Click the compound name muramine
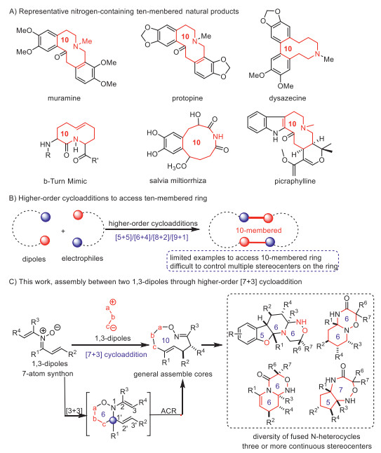[x=64, y=98]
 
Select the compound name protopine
[x=187, y=98]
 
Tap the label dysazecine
[x=288, y=98]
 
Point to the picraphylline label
[x=295, y=181]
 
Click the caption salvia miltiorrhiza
[x=178, y=181]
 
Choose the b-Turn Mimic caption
[x=65, y=181]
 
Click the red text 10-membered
[x=258, y=230]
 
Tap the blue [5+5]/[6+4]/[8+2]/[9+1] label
[x=152, y=238]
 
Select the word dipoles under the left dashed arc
[x=34, y=259]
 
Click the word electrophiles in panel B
[x=82, y=258]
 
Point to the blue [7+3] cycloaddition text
[x=116, y=355]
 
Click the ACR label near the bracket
[x=169, y=411]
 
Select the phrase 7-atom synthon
[x=48, y=374]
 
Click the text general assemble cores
[x=173, y=374]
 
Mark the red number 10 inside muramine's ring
[x=65, y=39]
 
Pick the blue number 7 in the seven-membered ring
[x=341, y=390]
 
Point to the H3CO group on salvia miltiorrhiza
[x=177, y=166]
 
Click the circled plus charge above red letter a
[x=113, y=302]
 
